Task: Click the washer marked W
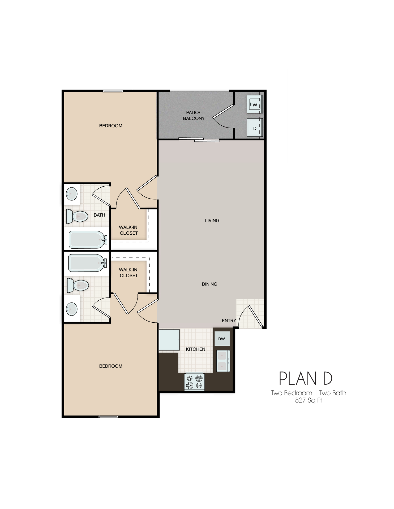pos(255,104)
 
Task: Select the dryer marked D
pos(255,128)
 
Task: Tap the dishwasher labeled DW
pos(222,339)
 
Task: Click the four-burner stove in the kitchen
pos(195,381)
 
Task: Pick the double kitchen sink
pos(223,361)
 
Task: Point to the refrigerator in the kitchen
pos(169,340)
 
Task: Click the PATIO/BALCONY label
pos(194,116)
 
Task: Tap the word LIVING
pos(212,220)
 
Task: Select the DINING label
pos(209,284)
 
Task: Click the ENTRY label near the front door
pos(229,321)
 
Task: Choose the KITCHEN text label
pos(195,349)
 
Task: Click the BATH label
pos(99,215)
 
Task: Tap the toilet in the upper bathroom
pos(77,216)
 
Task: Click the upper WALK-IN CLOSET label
pos(129,230)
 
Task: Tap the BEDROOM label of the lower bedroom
pos(111,366)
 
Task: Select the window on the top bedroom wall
pos(113,91)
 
